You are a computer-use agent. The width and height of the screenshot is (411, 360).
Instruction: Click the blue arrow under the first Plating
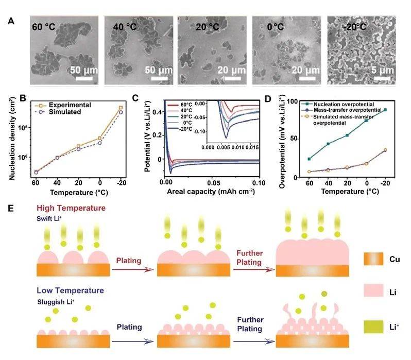(x=127, y=340)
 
